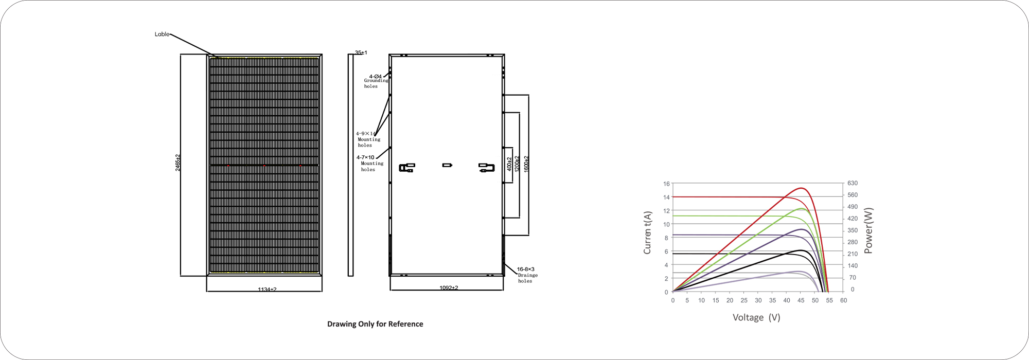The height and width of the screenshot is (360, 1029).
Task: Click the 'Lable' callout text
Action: coord(162,34)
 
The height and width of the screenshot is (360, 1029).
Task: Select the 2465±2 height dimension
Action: coord(178,163)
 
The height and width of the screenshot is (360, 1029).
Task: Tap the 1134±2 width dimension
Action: coord(267,290)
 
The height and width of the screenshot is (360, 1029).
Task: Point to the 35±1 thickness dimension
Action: coord(361,52)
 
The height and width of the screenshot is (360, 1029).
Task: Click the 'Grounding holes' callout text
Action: coord(376,83)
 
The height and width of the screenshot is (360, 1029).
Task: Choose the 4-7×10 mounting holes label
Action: coord(370,163)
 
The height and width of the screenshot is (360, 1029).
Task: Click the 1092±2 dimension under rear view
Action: coord(449,287)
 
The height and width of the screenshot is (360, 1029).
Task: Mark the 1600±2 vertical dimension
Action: coord(526,164)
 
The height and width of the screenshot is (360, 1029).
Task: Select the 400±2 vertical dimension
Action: coord(509,164)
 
